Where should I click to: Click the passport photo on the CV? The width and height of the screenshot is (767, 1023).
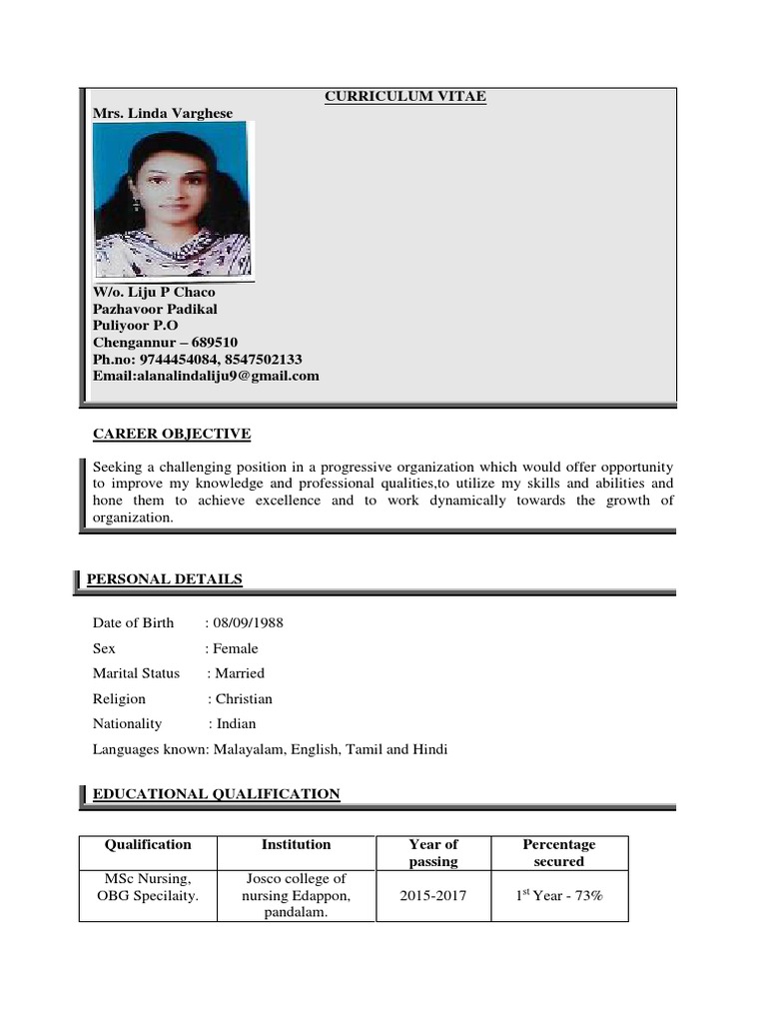(173, 200)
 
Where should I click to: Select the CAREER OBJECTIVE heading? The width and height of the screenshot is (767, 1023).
(172, 434)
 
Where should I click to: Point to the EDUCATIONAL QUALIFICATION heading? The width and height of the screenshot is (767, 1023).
(216, 794)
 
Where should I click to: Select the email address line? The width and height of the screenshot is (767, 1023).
(206, 376)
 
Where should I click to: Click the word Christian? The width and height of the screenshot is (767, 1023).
(244, 699)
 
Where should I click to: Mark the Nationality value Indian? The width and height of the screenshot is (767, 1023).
(237, 724)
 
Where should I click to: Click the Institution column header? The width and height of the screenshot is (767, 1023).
(297, 844)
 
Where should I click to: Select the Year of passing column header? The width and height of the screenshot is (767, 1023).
(433, 852)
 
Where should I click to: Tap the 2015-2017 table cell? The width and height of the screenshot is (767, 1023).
(433, 896)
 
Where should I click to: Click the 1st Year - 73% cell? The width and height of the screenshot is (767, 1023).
(559, 896)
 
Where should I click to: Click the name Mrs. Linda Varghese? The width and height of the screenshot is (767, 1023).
(163, 113)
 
